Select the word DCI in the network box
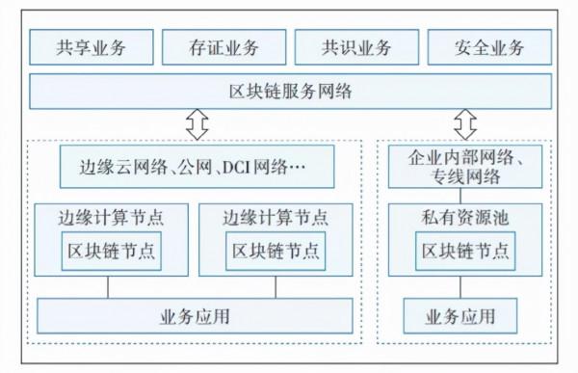pos(237,167)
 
